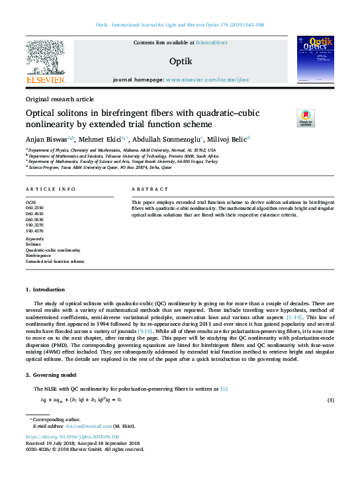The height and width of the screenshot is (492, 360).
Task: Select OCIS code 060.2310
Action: tap(34, 208)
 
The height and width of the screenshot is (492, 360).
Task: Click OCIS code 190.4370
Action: tap(34, 230)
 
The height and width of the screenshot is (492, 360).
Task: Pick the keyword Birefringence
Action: tap(39, 256)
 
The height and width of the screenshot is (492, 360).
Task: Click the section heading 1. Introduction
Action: tap(45, 290)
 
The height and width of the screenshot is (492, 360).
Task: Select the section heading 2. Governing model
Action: tap(53, 375)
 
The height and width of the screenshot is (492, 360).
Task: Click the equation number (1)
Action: tap(331, 401)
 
